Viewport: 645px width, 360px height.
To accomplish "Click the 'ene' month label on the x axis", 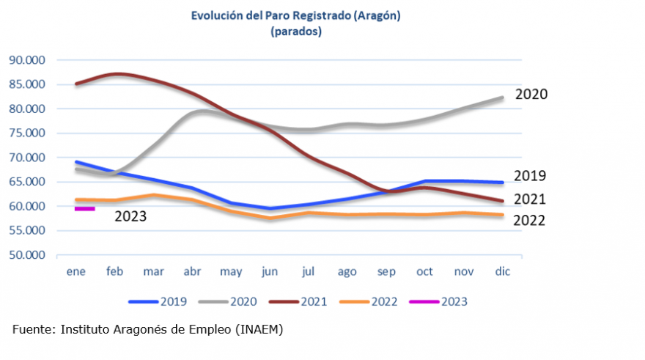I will pyautogui.click(x=76, y=271).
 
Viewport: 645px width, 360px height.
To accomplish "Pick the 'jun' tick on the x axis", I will pyautogui.click(x=270, y=271).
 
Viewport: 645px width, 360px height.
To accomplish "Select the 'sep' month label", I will pyautogui.click(x=386, y=271).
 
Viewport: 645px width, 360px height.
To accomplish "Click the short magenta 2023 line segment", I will pyautogui.click(x=85, y=208).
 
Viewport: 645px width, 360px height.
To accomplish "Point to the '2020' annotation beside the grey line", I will pyautogui.click(x=531, y=95).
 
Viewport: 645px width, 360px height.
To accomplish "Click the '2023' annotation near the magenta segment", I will pyautogui.click(x=130, y=216).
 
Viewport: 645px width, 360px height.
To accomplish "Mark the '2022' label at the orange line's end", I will pyautogui.click(x=528, y=220).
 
